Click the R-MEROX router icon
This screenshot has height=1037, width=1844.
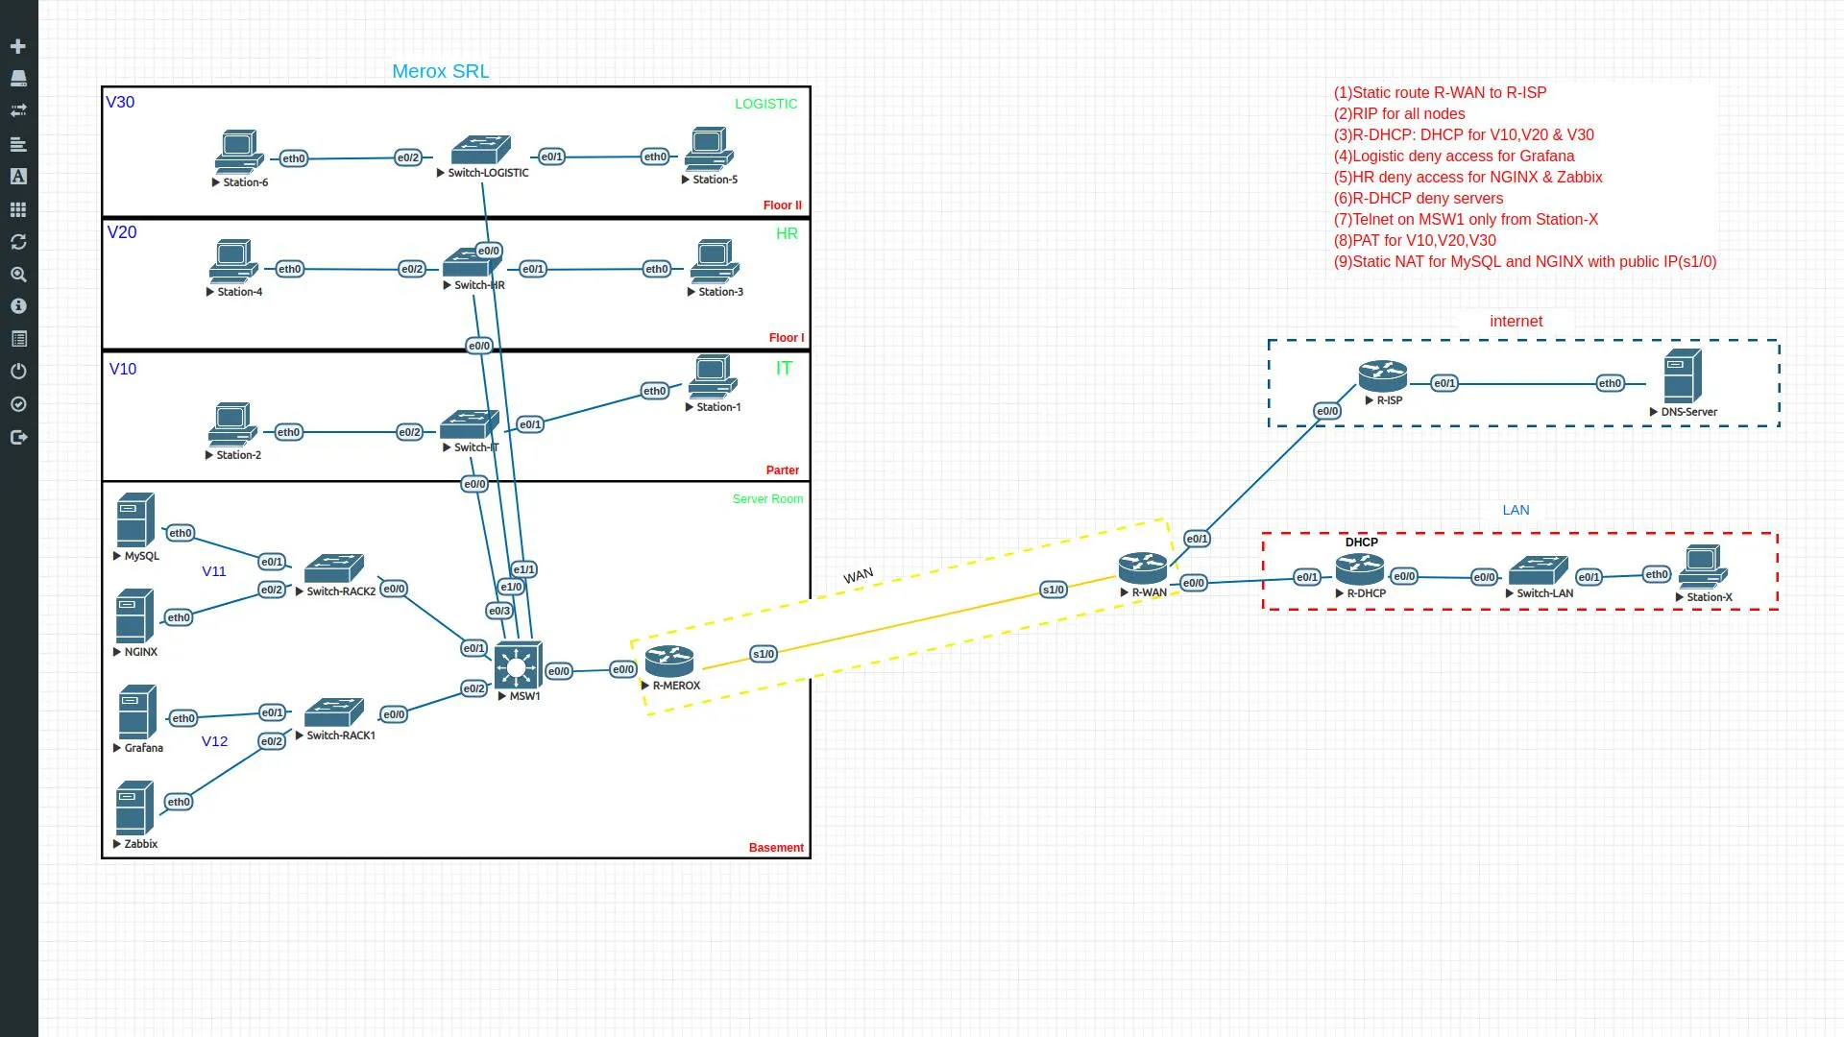click(669, 661)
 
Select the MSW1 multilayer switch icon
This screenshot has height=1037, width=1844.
click(518, 665)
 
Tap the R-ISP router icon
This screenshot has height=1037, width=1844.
click(1382, 376)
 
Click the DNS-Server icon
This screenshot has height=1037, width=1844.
click(1682, 375)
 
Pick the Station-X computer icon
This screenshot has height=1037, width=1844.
click(1703, 567)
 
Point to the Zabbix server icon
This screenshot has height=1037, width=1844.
click(134, 808)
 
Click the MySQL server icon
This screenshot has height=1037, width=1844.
click(135, 519)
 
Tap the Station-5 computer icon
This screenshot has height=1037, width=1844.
click(709, 150)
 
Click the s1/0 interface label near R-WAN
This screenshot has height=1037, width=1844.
click(1053, 590)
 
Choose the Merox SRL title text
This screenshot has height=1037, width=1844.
click(440, 71)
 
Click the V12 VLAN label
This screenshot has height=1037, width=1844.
click(214, 741)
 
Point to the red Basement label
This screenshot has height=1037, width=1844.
click(776, 847)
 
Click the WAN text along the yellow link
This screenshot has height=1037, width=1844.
click(858, 575)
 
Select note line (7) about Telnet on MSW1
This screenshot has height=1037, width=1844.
click(1466, 219)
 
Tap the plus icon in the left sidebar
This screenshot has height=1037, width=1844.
click(17, 46)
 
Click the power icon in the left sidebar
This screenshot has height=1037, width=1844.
click(17, 372)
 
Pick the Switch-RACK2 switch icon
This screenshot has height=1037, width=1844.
click(333, 567)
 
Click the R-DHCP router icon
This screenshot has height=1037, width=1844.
click(1359, 569)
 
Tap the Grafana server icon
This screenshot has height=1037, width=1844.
click(137, 711)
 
